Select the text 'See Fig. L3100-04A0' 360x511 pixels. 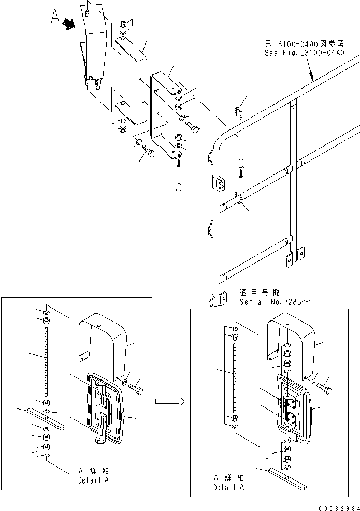(x=306, y=53)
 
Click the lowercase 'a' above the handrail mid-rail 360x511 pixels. (x=240, y=162)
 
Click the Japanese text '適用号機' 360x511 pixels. (x=254, y=293)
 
